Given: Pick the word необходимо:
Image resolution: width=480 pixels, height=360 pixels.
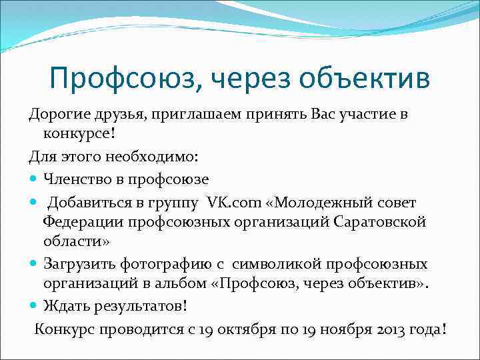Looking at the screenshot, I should tap(154, 157).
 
